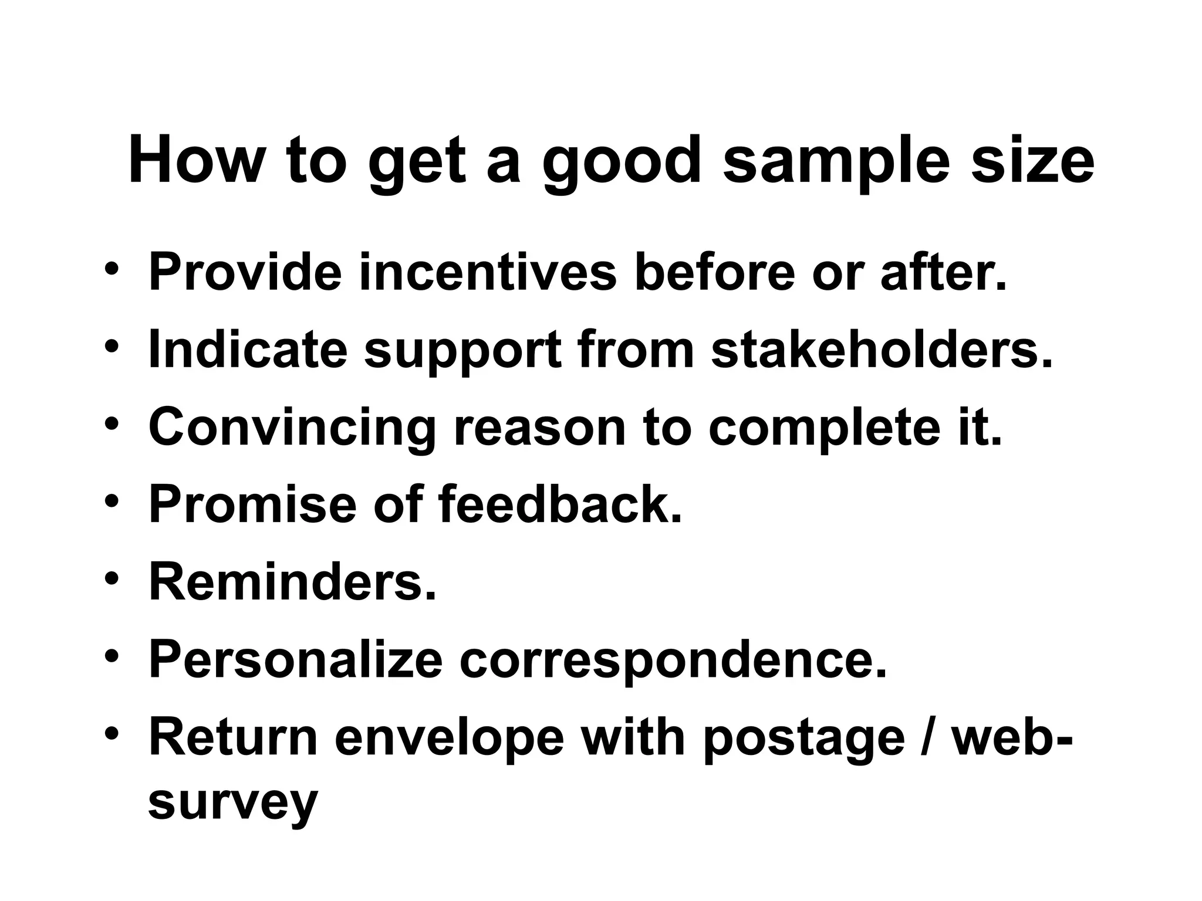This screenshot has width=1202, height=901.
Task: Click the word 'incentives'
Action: (x=488, y=272)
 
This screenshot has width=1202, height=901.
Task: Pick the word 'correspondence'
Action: (x=673, y=660)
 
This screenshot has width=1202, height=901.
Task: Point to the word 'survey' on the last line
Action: (x=233, y=804)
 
